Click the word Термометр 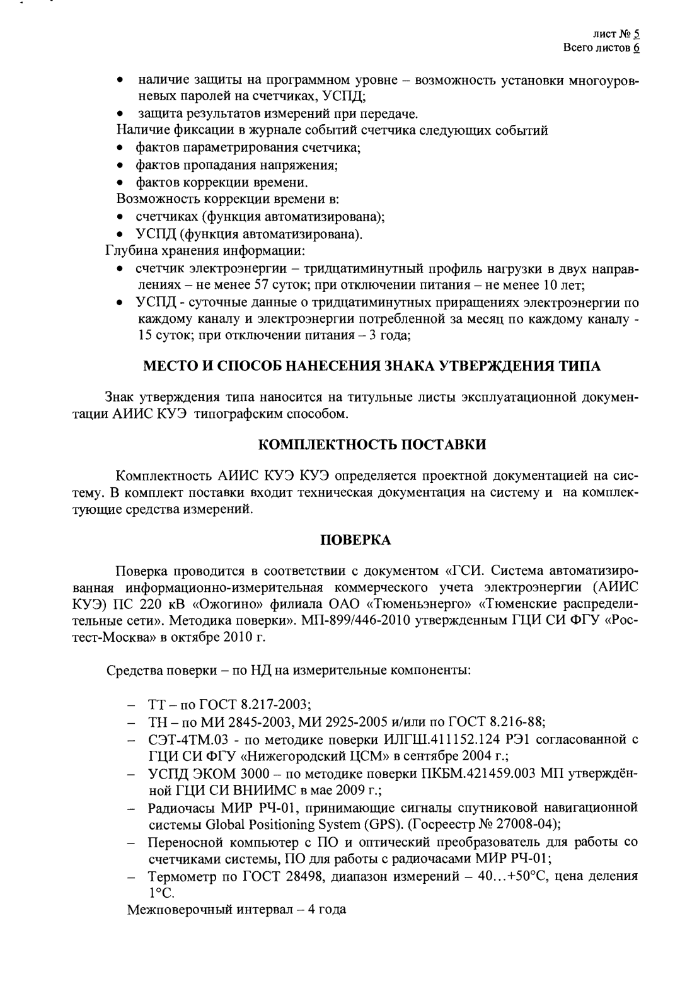182,876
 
